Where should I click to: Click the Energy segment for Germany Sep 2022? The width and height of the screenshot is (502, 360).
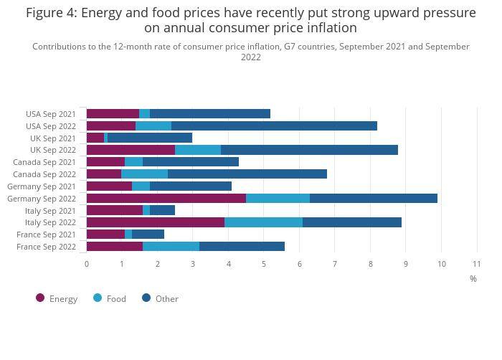tap(166, 198)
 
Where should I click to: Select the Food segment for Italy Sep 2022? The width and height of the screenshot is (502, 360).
tap(263, 222)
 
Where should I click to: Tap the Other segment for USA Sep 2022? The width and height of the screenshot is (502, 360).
tap(274, 125)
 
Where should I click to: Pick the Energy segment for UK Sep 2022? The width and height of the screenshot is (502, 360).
tap(131, 150)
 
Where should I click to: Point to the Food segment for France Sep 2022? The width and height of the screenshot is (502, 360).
tap(171, 247)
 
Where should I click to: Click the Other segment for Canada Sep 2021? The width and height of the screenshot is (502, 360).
tap(190, 162)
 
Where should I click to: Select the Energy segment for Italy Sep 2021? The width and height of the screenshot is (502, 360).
tap(115, 210)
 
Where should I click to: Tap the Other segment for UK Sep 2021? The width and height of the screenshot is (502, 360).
tap(150, 138)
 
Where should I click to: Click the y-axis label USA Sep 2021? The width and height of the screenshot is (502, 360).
tap(50, 114)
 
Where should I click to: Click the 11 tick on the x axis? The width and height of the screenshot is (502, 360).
tap(476, 264)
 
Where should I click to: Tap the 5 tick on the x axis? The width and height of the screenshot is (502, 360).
tap(264, 264)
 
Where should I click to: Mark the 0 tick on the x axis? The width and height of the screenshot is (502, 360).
tap(87, 264)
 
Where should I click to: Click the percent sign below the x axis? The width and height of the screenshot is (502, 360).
tap(473, 278)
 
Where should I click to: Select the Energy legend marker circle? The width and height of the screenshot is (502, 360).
tap(40, 298)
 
